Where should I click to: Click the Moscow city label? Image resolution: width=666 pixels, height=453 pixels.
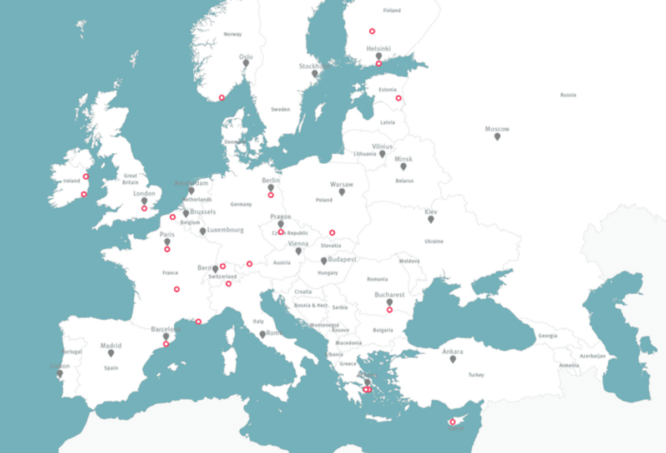pyautogui.click(x=497, y=129)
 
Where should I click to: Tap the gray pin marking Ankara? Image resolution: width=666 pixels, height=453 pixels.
pyautogui.click(x=453, y=359)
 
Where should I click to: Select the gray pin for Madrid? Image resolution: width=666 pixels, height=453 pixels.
pyautogui.click(x=111, y=353)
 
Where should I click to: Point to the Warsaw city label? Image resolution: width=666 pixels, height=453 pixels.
pyautogui.click(x=341, y=184)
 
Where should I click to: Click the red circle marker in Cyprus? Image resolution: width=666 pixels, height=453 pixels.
pyautogui.click(x=453, y=422)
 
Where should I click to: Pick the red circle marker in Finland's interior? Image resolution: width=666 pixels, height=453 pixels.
pyautogui.click(x=372, y=31)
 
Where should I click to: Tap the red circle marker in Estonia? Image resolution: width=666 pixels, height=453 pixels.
pyautogui.click(x=398, y=98)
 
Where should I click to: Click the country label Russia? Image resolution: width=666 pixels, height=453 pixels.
pyautogui.click(x=568, y=95)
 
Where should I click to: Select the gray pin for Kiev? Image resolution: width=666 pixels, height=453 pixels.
pyautogui.click(x=431, y=219)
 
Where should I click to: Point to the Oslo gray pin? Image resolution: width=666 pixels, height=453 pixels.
pyautogui.click(x=246, y=63)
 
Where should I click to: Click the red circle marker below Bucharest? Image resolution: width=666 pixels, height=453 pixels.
pyautogui.click(x=390, y=310)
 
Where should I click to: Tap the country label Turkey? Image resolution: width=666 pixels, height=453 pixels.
pyautogui.click(x=476, y=375)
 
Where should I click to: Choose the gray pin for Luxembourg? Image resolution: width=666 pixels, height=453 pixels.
pyautogui.click(x=203, y=231)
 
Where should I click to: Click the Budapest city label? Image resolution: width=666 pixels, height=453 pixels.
pyautogui.click(x=342, y=259)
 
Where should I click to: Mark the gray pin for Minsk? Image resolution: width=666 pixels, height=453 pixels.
pyautogui.click(x=403, y=166)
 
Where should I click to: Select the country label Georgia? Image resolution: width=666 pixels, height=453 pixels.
pyautogui.click(x=548, y=336)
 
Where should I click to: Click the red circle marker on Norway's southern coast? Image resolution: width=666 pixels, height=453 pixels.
pyautogui.click(x=221, y=98)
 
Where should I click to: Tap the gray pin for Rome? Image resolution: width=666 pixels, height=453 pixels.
pyautogui.click(x=263, y=334)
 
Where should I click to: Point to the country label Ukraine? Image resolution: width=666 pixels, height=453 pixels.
pyautogui.click(x=434, y=241)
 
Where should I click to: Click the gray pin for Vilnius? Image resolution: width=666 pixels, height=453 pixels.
pyautogui.click(x=382, y=154)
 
